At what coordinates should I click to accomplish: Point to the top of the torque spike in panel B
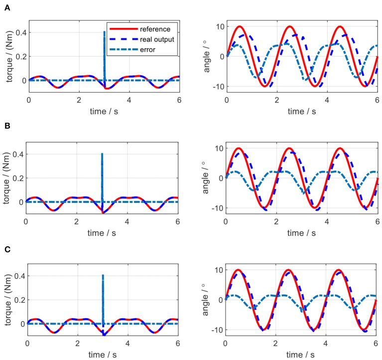(x=102, y=154)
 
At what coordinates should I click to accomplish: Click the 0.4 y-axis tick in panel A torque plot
(x=20, y=33)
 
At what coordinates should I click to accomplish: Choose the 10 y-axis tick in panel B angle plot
(x=217, y=148)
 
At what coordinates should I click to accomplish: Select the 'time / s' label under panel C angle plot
(x=301, y=355)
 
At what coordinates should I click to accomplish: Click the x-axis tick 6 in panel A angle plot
(x=377, y=99)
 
